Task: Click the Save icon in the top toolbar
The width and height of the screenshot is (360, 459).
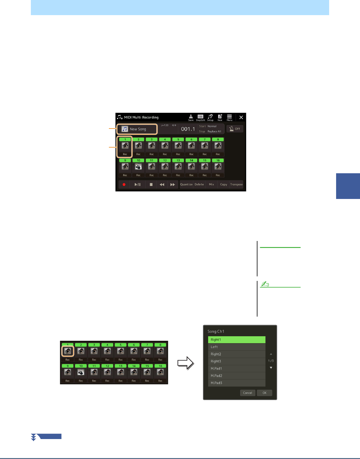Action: [x=191, y=117]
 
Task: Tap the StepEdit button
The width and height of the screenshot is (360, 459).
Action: [x=200, y=117]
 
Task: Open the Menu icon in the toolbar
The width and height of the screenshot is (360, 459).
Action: [x=230, y=117]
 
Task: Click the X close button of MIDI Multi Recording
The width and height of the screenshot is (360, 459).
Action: [x=241, y=117]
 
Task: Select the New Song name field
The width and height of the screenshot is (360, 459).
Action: [x=138, y=129]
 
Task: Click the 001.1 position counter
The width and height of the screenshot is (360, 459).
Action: [x=188, y=129]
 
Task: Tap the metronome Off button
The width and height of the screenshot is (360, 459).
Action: [x=235, y=129]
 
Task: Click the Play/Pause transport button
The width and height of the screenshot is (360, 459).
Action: [x=138, y=184]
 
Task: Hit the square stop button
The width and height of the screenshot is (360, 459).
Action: [x=151, y=184]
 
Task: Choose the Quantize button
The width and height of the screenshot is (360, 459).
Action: [x=186, y=184]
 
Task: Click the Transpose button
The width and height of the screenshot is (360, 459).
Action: [x=236, y=184]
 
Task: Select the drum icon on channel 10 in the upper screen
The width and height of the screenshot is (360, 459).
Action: [x=138, y=166]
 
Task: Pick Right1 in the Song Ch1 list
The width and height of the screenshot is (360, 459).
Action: [x=237, y=340]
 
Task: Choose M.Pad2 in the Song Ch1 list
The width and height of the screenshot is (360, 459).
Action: [x=237, y=376]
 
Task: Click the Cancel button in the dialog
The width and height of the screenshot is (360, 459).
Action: [x=247, y=393]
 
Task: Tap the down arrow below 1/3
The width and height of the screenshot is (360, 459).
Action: [x=271, y=368]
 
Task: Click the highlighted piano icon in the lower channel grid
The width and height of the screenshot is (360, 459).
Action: [x=68, y=351]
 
